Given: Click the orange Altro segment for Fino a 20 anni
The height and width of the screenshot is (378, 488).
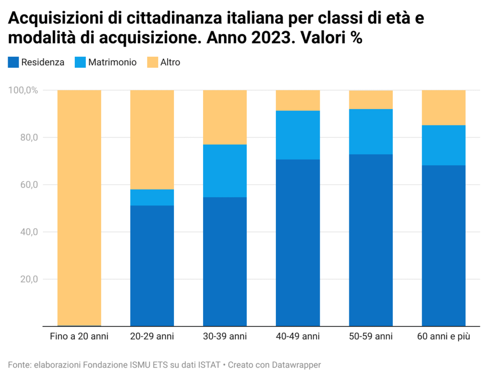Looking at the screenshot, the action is tap(80, 208).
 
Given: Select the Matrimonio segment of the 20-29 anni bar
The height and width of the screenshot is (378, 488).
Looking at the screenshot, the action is tap(152, 197).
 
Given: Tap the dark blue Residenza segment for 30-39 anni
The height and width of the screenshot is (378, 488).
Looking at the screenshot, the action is tap(225, 262).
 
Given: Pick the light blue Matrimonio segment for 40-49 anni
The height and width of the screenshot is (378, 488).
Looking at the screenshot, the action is tap(298, 135).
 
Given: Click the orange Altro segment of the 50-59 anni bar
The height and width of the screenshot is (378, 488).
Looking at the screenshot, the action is tap(371, 100).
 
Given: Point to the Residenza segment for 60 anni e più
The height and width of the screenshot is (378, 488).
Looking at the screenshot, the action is tap(444, 245).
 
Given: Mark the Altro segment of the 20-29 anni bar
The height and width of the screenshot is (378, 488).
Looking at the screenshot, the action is tap(152, 140).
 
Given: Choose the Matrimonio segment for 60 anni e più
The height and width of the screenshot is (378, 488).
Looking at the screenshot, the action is tap(444, 145).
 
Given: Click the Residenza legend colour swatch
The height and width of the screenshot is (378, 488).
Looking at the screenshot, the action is tap(13, 62).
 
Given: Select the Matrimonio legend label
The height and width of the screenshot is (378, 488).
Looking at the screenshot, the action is tap(112, 62).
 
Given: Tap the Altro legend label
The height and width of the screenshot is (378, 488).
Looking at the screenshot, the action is tap(170, 62).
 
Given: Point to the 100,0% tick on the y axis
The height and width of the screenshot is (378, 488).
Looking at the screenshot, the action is tap(23, 90).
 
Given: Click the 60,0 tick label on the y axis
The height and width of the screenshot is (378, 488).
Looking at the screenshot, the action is tap(29, 184).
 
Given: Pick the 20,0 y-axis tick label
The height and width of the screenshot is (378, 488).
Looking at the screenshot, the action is tap(29, 279).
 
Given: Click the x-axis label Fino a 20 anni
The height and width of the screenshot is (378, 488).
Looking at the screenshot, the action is tap(79, 336).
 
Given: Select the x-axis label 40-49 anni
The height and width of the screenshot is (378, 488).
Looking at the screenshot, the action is tap(298, 336).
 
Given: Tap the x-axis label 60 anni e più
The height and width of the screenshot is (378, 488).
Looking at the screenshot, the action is tap(444, 336).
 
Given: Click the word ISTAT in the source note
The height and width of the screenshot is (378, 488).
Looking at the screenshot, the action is tap(209, 365).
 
